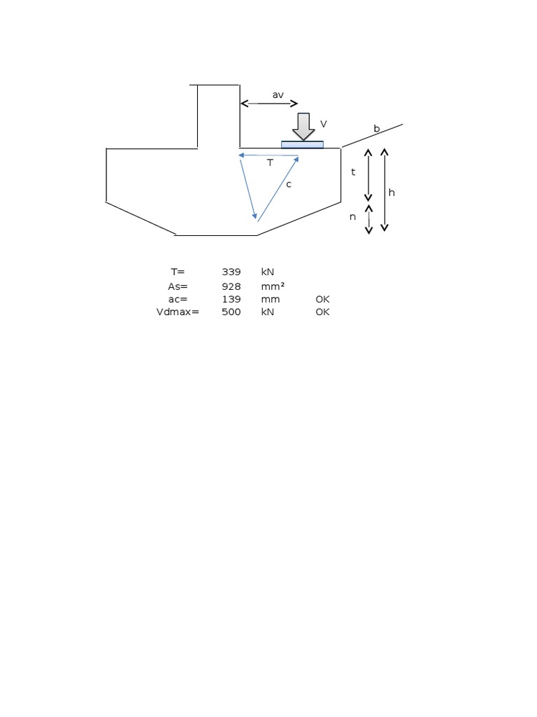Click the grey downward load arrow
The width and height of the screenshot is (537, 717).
point(303,127)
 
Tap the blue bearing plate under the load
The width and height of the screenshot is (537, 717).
point(302,145)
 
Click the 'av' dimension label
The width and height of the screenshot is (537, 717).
point(278,95)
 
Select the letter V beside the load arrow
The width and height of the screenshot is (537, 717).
point(323,124)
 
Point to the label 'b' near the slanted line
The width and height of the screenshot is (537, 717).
point(376,129)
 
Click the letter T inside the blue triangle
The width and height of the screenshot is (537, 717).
point(270,163)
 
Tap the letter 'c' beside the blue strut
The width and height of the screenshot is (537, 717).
point(288,184)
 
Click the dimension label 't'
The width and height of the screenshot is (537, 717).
point(353,172)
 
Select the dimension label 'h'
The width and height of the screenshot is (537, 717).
point(392,192)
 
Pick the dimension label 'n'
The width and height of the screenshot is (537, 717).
point(353,217)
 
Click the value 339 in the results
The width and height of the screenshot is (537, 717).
point(231,272)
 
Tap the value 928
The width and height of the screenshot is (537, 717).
point(231,286)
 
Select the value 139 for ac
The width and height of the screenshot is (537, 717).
point(231,299)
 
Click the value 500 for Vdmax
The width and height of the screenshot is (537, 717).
point(231,312)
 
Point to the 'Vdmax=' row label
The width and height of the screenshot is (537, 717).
point(178,312)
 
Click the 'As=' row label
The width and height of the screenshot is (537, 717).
point(178,286)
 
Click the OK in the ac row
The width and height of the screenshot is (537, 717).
point(322,299)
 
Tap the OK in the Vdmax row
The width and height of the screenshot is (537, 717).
point(322,312)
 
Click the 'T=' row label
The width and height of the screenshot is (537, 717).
point(178,272)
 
